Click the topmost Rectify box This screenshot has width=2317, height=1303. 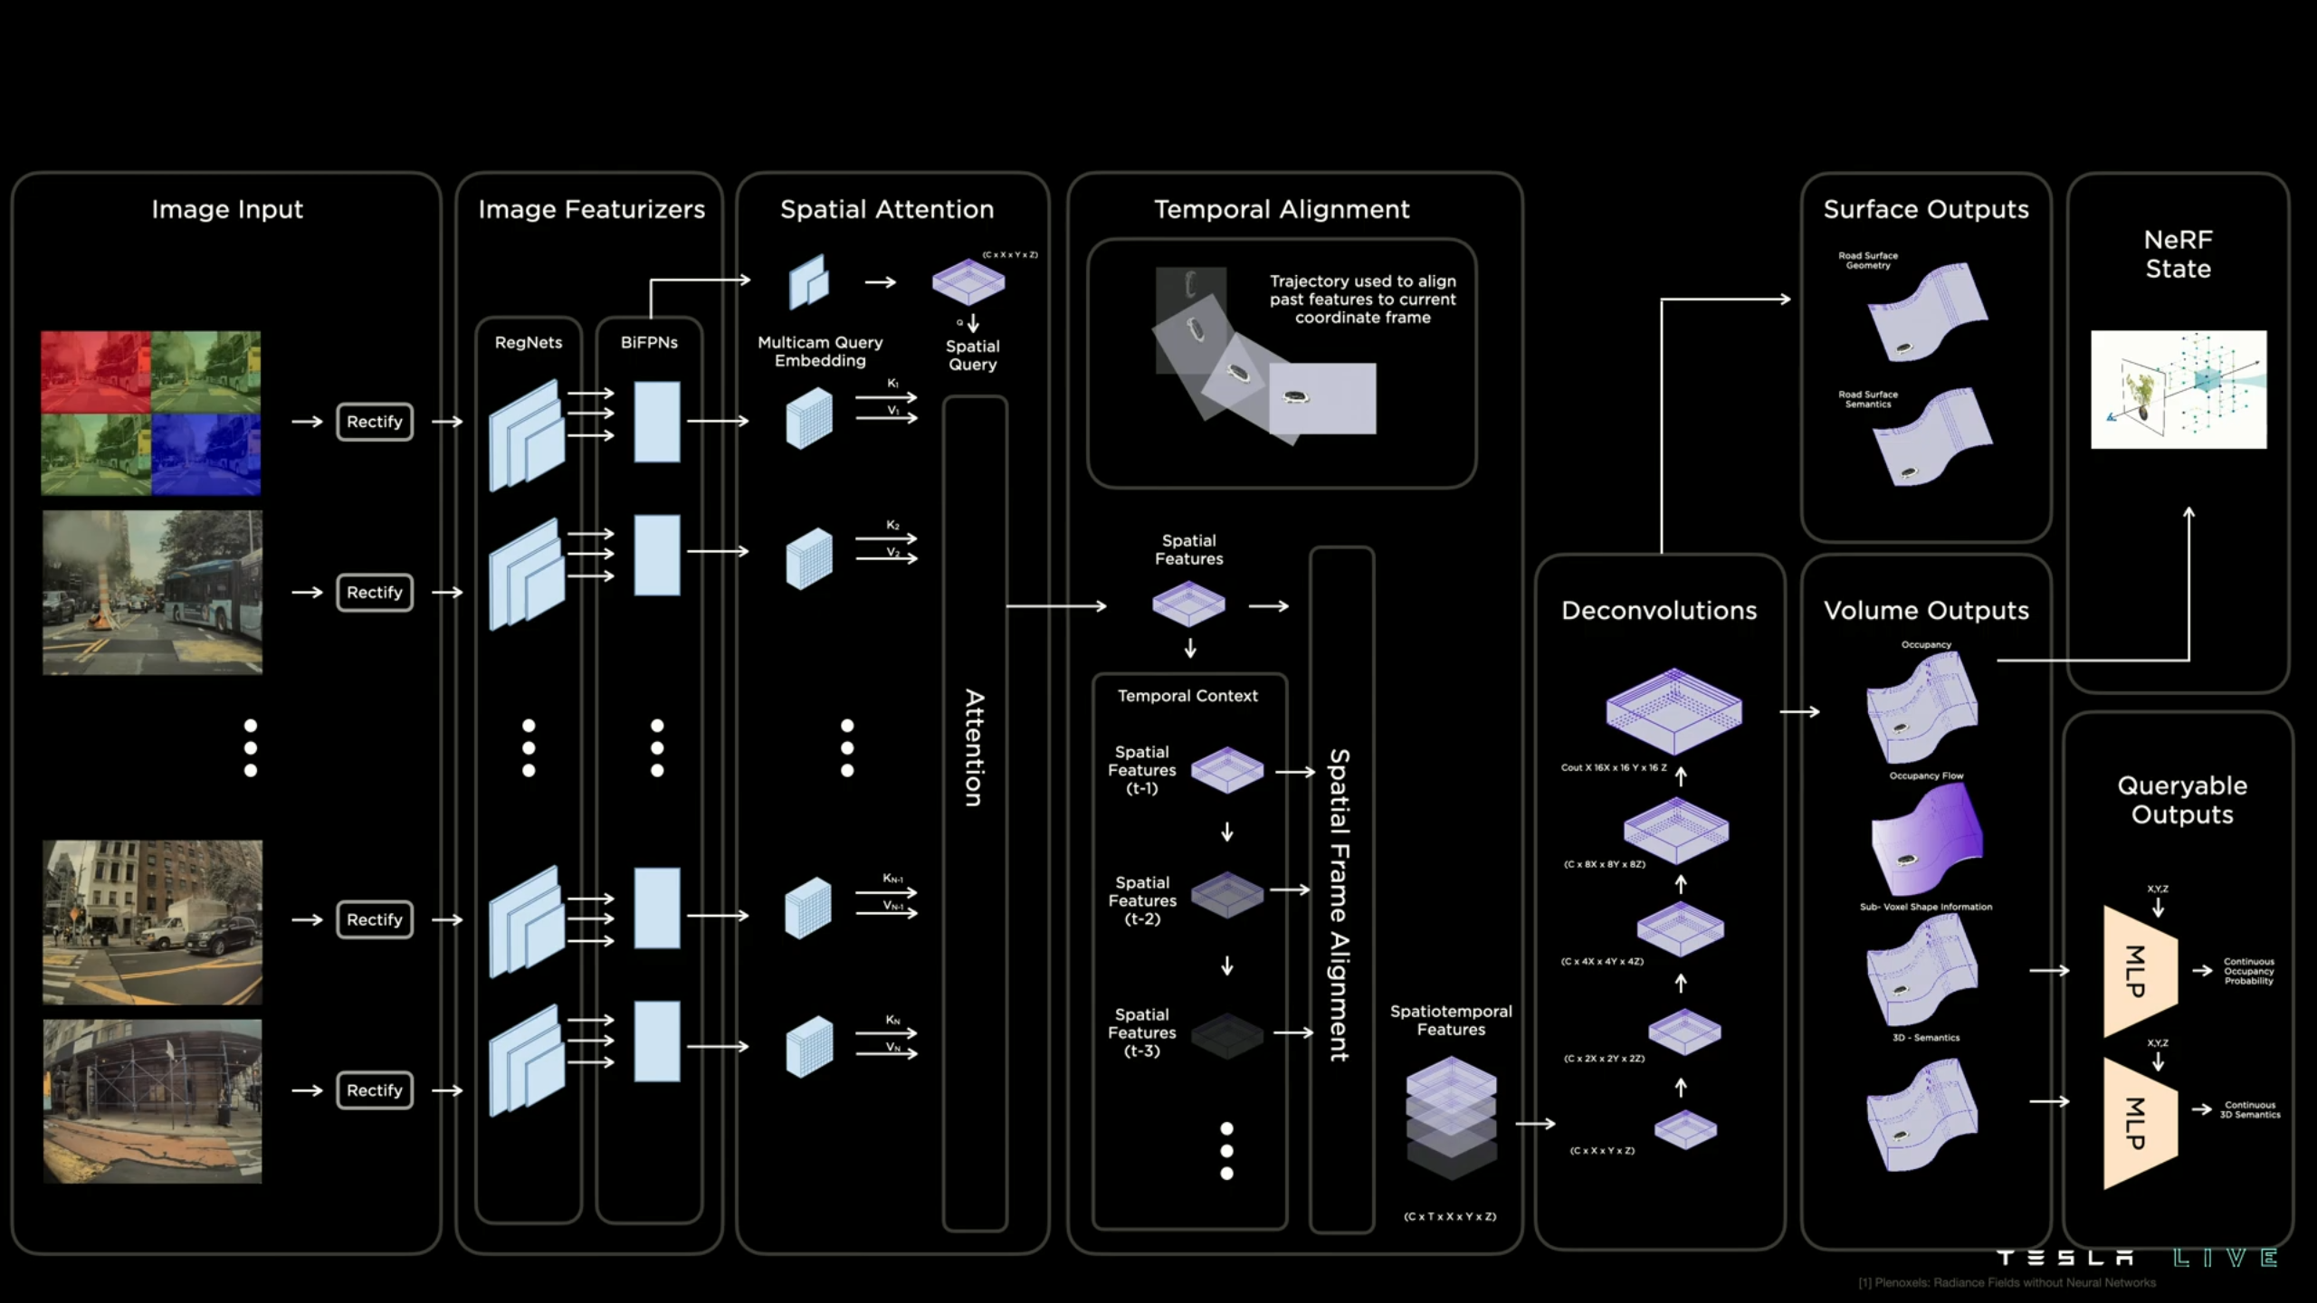tap(375, 422)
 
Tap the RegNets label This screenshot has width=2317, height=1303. tap(529, 342)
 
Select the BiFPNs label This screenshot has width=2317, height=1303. tap(649, 342)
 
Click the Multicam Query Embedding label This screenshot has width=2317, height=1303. tap(820, 351)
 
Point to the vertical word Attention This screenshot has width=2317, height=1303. tap(974, 747)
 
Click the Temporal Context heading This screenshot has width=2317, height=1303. tap(1187, 696)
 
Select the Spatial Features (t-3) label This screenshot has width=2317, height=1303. tap(1142, 1032)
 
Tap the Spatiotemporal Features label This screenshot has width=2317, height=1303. tap(1451, 1020)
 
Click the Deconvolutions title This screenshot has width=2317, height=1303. tap(1659, 611)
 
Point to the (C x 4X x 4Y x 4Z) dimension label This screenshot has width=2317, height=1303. tap(1602, 962)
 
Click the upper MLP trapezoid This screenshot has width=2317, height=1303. tap(2139, 970)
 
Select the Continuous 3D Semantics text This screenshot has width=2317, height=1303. tap(2250, 1110)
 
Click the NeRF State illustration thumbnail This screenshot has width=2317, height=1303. tap(2179, 389)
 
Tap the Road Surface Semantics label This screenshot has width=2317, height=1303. tap(1868, 399)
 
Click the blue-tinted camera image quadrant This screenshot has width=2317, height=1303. tap(206, 454)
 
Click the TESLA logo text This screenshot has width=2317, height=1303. tap(2065, 1258)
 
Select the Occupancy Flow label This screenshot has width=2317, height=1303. tap(1926, 775)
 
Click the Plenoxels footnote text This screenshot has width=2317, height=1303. tap(2007, 1283)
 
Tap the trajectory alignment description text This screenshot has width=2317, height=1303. tap(1362, 300)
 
